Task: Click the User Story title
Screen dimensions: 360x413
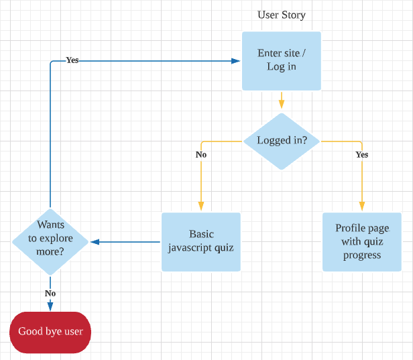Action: point(281,15)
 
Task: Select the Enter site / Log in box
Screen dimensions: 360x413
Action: point(281,60)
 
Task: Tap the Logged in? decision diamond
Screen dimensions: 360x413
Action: point(281,141)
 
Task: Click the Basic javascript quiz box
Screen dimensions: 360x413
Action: point(201,241)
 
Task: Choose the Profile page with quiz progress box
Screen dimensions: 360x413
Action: point(362,241)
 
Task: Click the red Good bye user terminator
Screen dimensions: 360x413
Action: point(50,331)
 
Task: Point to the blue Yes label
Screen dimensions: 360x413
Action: point(72,60)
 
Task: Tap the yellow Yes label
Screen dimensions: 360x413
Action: point(362,155)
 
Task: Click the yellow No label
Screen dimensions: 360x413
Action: point(201,155)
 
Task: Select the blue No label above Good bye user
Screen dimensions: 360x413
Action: point(50,294)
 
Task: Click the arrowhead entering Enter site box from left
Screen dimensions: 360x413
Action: point(236,60)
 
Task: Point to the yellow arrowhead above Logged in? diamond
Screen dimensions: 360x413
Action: point(281,105)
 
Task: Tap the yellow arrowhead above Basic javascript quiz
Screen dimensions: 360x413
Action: point(201,207)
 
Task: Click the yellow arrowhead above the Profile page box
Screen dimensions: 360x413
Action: point(362,207)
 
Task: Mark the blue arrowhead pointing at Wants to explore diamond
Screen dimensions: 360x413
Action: point(95,241)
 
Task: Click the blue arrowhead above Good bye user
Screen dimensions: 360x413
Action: point(50,306)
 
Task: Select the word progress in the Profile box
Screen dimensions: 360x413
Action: point(362,255)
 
